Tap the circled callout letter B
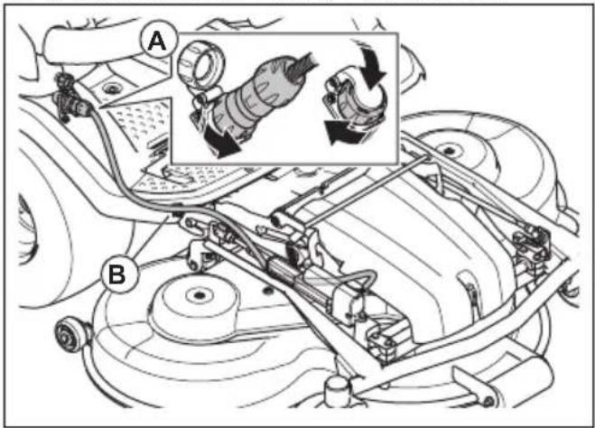117,274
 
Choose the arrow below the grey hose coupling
223,143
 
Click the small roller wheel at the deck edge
70,335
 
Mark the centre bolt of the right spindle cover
449,148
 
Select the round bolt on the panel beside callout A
110,89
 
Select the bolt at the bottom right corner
489,402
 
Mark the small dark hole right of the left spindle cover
269,291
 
